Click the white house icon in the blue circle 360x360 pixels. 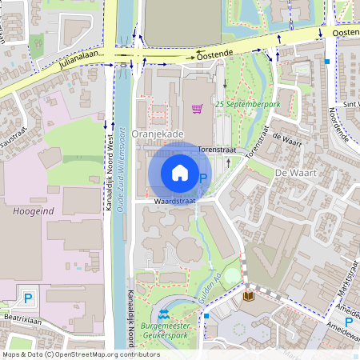(x=180, y=172)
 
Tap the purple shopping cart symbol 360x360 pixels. (x=197, y=108)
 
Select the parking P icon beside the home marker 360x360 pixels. (x=203, y=178)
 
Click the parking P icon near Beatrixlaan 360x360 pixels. (x=28, y=298)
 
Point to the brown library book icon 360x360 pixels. (x=249, y=296)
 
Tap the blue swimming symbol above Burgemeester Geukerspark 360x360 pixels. (x=164, y=314)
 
